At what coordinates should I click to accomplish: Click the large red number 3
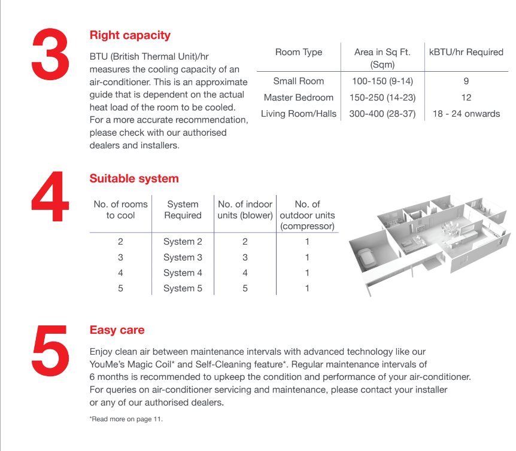(50, 54)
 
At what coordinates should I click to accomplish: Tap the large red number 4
(50, 196)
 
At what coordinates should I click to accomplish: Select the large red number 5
(50, 351)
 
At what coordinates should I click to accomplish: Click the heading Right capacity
(130, 35)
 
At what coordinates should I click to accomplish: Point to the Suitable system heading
(134, 178)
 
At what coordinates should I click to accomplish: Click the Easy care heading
(117, 330)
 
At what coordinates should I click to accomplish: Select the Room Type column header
(299, 52)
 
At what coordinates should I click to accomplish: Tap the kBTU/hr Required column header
(466, 52)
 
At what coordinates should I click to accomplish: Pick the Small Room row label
(299, 81)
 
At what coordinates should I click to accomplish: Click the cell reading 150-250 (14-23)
(383, 97)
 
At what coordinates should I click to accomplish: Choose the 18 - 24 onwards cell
(466, 114)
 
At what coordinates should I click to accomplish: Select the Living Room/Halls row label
(299, 114)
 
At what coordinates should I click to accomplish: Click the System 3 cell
(183, 257)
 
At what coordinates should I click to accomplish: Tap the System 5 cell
(183, 288)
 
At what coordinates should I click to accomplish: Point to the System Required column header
(183, 210)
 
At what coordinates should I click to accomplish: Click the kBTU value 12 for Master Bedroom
(466, 97)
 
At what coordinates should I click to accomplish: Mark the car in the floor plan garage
(366, 257)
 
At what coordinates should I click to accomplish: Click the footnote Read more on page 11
(126, 419)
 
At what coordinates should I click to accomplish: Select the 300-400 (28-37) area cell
(383, 114)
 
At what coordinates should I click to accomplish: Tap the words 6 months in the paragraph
(108, 377)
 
